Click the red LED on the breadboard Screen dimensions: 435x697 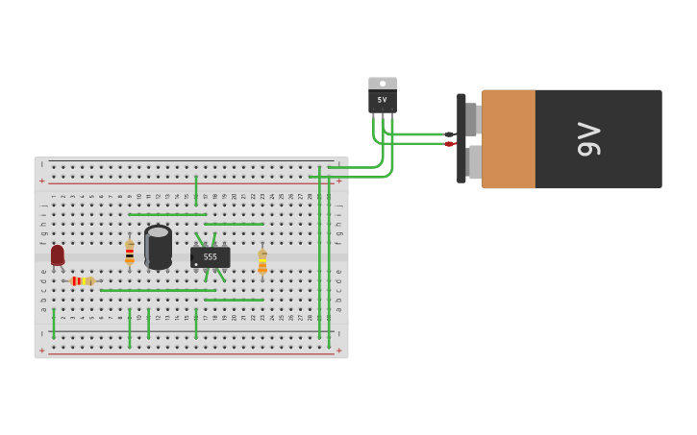coord(58,254)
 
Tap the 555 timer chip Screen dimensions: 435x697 coord(210,257)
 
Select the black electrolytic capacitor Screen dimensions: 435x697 coord(158,247)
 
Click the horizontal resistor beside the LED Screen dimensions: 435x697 coord(83,281)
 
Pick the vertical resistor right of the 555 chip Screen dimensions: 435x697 coord(262,261)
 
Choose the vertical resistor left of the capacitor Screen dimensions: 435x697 coord(130,253)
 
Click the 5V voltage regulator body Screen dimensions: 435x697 coord(382,101)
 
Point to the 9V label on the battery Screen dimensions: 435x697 coord(587,139)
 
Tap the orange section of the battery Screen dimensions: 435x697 coord(509,139)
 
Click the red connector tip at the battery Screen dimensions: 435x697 coord(449,144)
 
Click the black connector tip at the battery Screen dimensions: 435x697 coord(449,134)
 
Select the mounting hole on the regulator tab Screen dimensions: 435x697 coord(383,84)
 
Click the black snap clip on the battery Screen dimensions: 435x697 coord(461,138)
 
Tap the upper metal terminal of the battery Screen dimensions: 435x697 coord(472,118)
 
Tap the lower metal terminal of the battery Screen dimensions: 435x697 coord(473,161)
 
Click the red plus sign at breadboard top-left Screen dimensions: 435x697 coord(41,181)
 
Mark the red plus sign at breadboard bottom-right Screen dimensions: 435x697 coord(338,350)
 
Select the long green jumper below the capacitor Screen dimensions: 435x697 coord(158,290)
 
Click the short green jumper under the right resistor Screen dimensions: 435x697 coord(234,300)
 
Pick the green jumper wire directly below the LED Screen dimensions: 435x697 coord(54,324)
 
